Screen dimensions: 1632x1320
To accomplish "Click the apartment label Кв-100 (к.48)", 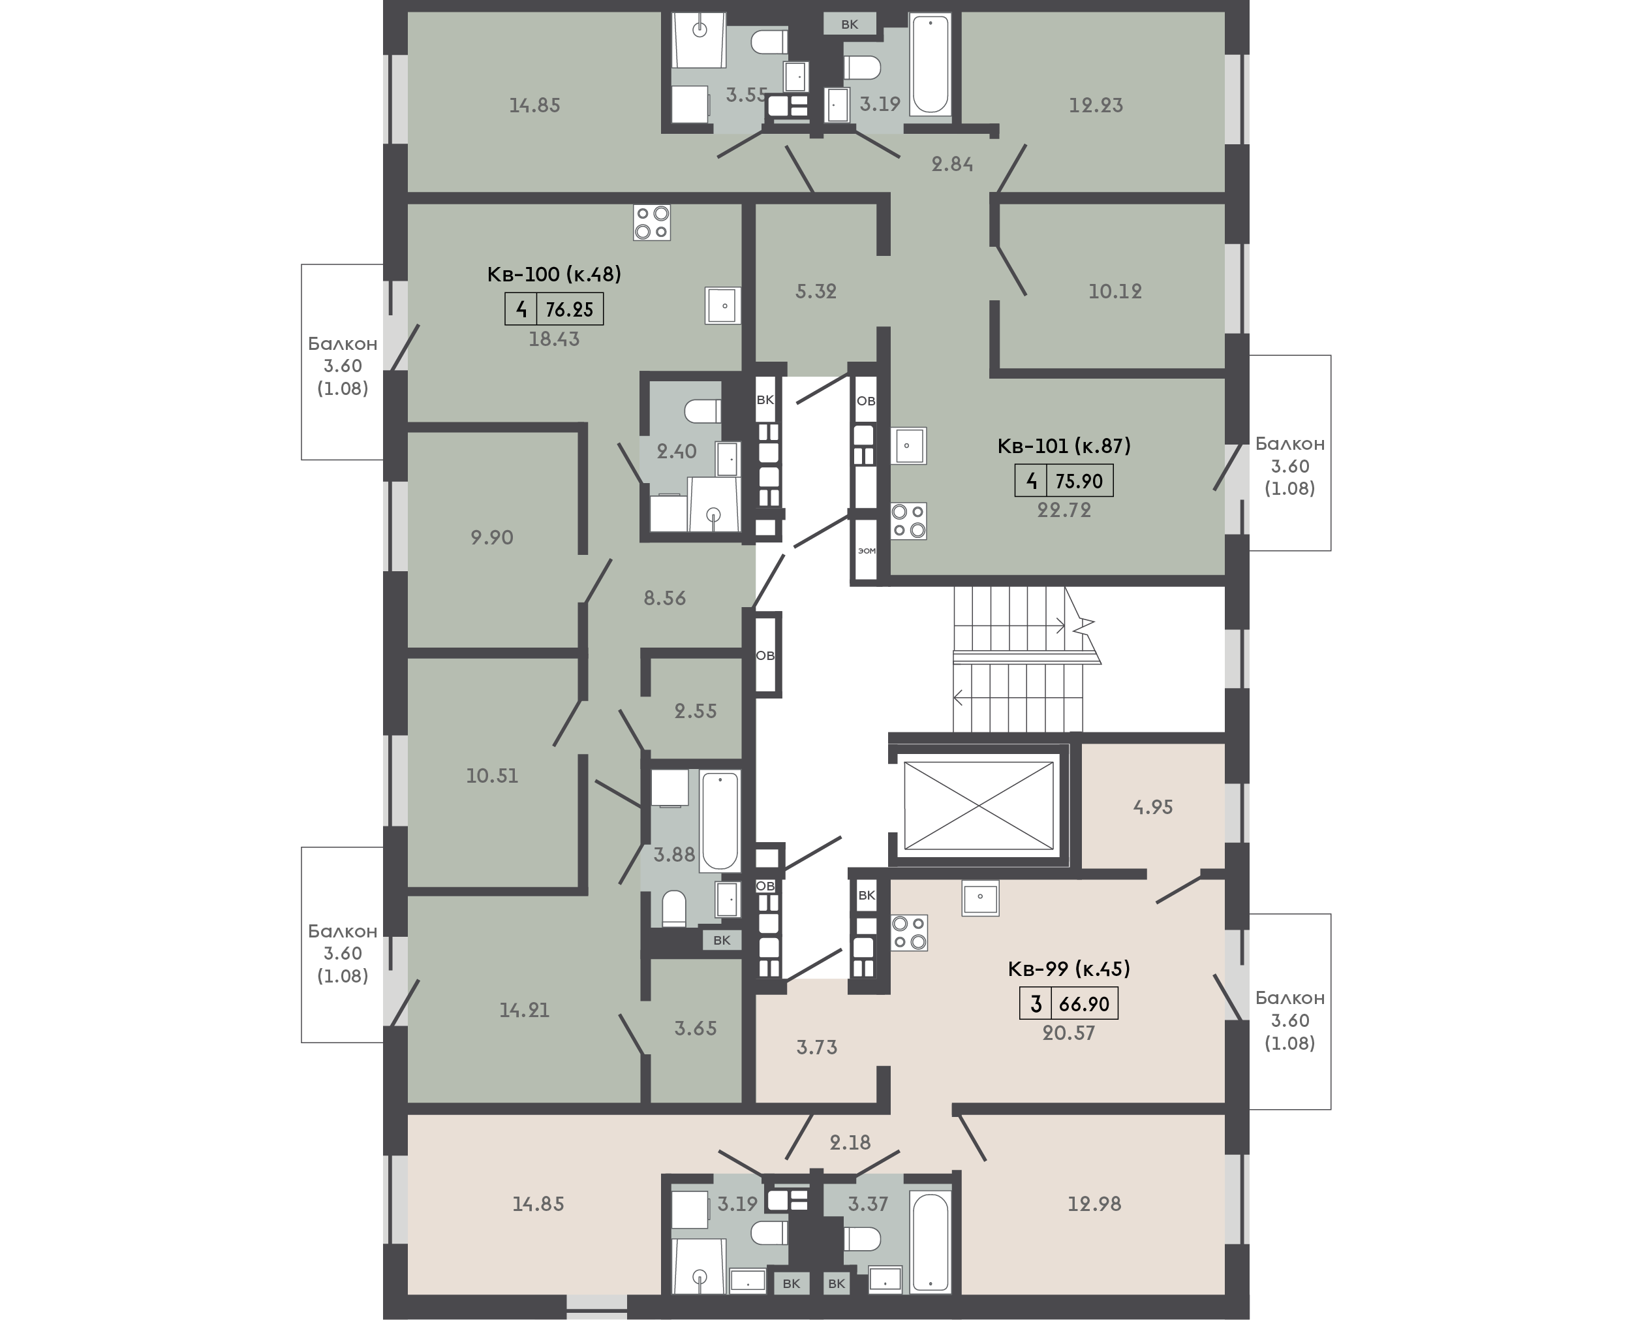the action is pyautogui.click(x=554, y=274).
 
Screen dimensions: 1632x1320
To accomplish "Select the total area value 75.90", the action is pyautogui.click(x=1079, y=480).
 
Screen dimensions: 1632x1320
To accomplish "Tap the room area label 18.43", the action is pyautogui.click(x=554, y=339).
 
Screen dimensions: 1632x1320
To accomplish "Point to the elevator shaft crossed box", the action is pyautogui.click(x=979, y=805).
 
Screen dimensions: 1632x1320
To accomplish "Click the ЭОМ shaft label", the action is pyautogui.click(x=867, y=550).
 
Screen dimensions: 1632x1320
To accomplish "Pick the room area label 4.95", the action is pyautogui.click(x=1153, y=807).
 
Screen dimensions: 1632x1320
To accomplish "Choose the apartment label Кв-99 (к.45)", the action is pyautogui.click(x=1069, y=969).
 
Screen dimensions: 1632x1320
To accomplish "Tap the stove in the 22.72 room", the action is pyautogui.click(x=908, y=522).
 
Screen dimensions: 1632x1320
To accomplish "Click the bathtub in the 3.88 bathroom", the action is pyautogui.click(x=720, y=821).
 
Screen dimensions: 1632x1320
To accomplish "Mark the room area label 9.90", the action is pyautogui.click(x=492, y=537).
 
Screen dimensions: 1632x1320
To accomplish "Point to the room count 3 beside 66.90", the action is pyautogui.click(x=1036, y=1003).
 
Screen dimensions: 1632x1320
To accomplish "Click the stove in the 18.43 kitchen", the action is pyautogui.click(x=651, y=223).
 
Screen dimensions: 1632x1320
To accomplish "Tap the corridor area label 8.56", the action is pyautogui.click(x=665, y=599).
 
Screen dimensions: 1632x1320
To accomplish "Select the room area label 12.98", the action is pyautogui.click(x=1094, y=1204).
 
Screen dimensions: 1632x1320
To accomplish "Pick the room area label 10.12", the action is pyautogui.click(x=1115, y=291).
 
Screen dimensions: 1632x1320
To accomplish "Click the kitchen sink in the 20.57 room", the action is pyautogui.click(x=981, y=897).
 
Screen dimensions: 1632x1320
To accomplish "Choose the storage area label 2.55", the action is pyautogui.click(x=696, y=711).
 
